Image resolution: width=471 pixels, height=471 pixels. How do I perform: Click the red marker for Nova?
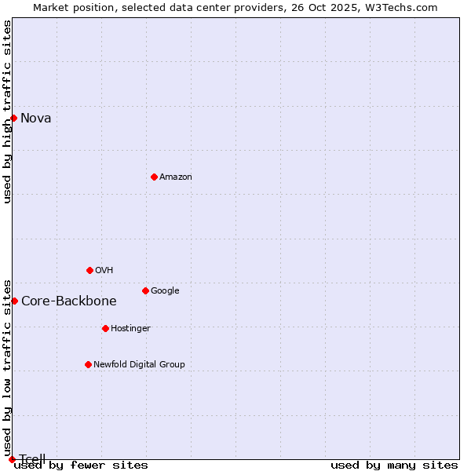(x=13, y=118)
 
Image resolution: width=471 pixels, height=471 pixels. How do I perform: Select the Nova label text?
(x=35, y=119)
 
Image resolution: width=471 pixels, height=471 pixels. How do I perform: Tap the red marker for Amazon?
(x=154, y=177)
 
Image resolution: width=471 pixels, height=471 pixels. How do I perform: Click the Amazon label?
(x=175, y=177)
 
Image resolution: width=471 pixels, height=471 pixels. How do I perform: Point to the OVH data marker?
(x=89, y=270)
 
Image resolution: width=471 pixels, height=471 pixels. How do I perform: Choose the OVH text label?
(x=104, y=271)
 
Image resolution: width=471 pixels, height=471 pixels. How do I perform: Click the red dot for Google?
(x=145, y=290)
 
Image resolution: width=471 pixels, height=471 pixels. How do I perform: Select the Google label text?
(x=165, y=291)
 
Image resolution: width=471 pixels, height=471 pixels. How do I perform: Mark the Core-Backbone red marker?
(x=14, y=301)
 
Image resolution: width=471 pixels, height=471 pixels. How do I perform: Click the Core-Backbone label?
(x=68, y=301)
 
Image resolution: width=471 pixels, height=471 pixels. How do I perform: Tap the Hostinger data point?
(x=105, y=328)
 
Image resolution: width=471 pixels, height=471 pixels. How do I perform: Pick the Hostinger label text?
(x=130, y=329)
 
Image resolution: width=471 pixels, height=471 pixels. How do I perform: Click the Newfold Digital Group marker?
(x=88, y=364)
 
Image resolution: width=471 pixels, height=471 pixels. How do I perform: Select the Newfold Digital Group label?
(x=139, y=365)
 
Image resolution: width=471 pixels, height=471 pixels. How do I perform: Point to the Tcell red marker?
(x=12, y=459)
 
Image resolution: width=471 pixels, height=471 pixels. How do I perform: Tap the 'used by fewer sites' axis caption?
(x=81, y=466)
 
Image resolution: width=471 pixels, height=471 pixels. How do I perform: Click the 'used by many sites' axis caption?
(x=394, y=466)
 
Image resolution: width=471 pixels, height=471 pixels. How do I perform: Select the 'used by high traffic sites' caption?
(x=8, y=111)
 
